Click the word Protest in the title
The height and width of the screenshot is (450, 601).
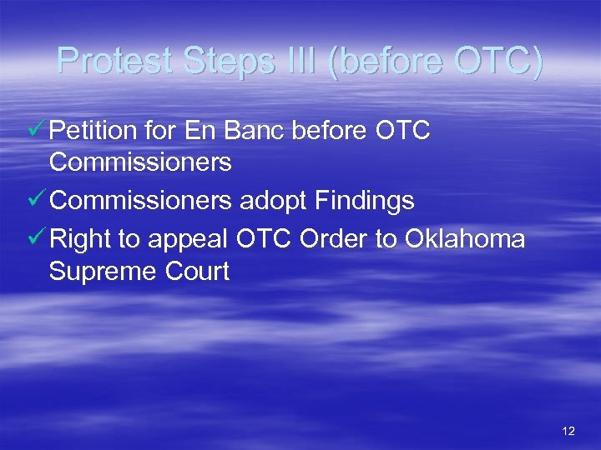[x=113, y=61]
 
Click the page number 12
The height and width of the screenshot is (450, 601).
[x=568, y=431]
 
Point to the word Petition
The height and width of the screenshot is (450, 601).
[x=94, y=131]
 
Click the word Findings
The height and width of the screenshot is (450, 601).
[x=365, y=201]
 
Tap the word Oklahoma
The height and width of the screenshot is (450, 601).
[x=465, y=240]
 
